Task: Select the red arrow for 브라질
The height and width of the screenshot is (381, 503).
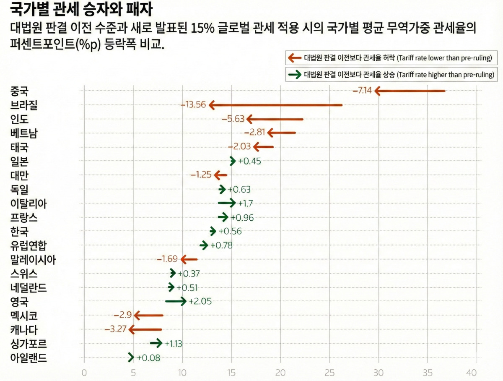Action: tap(275, 105)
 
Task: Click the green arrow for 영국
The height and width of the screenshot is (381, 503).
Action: tap(176, 301)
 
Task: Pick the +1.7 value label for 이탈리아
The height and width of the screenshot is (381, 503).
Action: tap(245, 204)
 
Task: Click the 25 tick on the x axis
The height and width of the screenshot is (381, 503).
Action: tap(329, 373)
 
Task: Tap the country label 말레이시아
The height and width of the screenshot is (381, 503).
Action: tap(33, 260)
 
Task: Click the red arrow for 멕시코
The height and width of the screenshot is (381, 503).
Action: tap(148, 315)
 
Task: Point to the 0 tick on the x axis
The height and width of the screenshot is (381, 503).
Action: tap(84, 373)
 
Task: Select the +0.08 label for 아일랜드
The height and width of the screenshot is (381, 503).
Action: tap(148, 358)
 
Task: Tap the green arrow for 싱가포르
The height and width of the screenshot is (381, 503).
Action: tap(156, 343)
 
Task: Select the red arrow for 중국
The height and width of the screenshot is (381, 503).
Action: tap(410, 91)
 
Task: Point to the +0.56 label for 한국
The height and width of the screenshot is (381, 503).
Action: tap(230, 231)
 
